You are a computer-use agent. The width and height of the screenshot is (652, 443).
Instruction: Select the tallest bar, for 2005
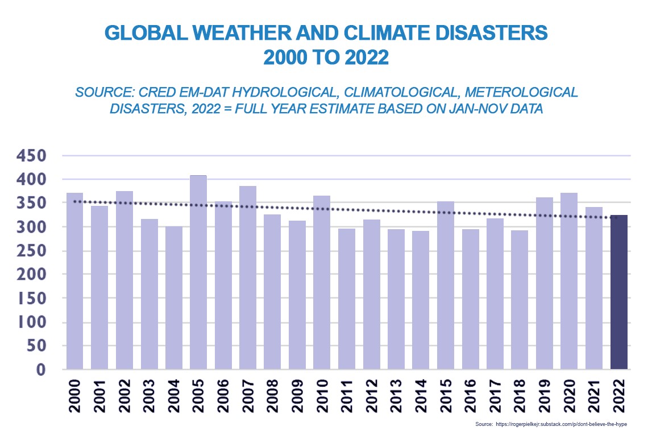[x=198, y=273]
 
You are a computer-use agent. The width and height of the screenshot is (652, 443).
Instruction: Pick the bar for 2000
[x=74, y=281]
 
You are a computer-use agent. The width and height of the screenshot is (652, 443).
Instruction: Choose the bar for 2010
[x=322, y=283]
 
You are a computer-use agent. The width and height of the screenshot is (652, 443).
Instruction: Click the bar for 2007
[x=248, y=278]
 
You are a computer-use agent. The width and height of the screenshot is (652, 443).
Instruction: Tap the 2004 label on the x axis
[x=173, y=399]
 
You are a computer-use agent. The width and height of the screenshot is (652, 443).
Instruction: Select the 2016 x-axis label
[x=470, y=399]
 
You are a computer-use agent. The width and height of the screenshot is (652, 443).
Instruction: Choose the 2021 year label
[x=594, y=399]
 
